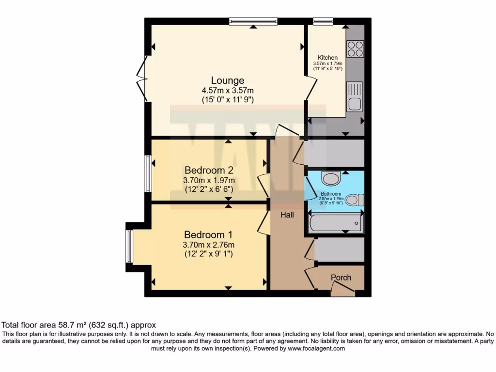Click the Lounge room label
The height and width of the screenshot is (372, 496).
point(228,80)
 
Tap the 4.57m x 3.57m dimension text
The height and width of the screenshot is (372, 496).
point(228,90)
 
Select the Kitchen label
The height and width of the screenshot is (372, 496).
point(327,58)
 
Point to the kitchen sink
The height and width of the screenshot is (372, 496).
point(355,97)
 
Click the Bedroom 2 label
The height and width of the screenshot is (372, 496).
point(209,170)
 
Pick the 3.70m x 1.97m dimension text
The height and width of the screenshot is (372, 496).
point(209,180)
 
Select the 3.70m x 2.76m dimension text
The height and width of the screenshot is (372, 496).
point(209,245)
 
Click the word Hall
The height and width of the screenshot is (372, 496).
point(287,215)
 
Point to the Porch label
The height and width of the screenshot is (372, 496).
point(341,278)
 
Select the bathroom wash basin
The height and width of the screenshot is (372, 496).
point(331,179)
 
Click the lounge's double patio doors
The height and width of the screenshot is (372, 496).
point(142,77)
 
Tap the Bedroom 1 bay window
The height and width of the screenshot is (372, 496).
point(129,247)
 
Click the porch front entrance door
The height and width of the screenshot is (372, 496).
point(343,290)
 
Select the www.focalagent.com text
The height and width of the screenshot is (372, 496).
point(316,348)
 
